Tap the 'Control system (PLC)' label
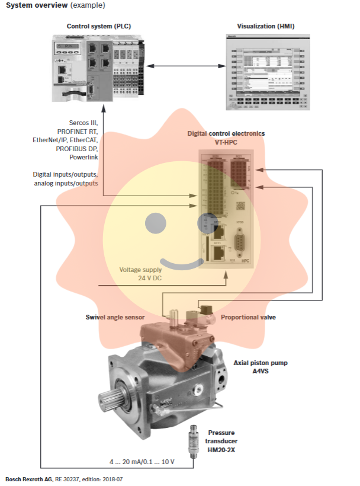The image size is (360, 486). pos(99,27)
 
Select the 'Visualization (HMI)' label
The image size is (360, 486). pos(265,27)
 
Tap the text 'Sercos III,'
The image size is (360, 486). pos(83,123)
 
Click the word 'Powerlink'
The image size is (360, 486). pos(83,158)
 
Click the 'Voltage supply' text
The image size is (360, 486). pos(140,270)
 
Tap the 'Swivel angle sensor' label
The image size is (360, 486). pos(115,317)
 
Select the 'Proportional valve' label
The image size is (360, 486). pos(248,317)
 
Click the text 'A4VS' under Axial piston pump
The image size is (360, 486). pos(260,371)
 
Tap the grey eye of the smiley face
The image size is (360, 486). pos(157,223)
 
